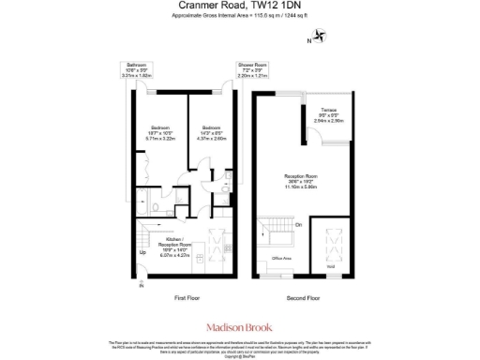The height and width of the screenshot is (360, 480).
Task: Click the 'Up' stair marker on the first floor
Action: point(142,253)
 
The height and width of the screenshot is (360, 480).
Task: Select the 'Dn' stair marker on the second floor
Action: point(299,225)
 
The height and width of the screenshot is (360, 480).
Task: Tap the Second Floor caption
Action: point(302,298)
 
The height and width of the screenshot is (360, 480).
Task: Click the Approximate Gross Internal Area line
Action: point(239,17)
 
